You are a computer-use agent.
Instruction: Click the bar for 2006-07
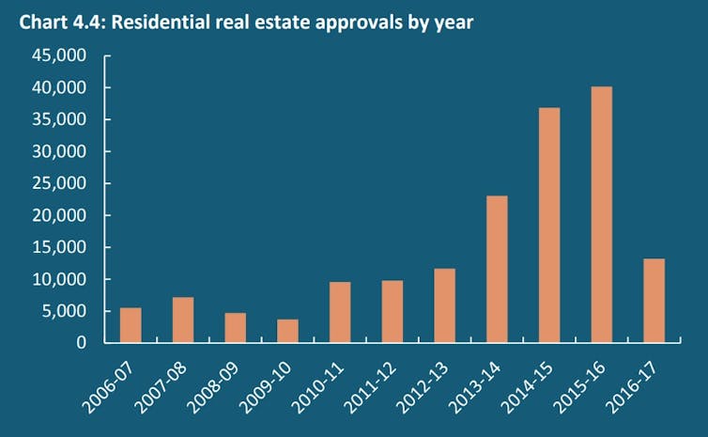tap(131, 325)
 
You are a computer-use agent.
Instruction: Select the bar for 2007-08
tap(183, 320)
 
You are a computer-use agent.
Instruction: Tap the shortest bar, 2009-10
tap(287, 331)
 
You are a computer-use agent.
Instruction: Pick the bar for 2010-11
tap(340, 312)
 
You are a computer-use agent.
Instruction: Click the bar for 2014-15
tap(549, 226)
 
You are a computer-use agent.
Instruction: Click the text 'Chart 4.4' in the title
tap(57, 21)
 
